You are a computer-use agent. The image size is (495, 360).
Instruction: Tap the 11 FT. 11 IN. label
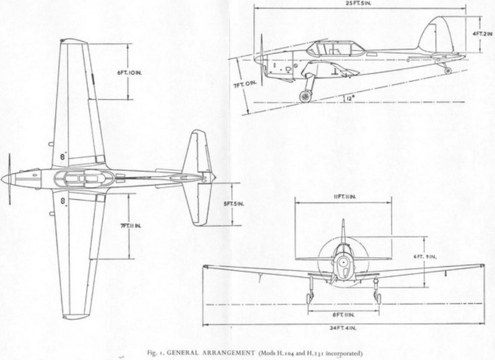(x=343, y=197)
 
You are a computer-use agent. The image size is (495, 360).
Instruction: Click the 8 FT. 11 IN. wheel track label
(x=342, y=298)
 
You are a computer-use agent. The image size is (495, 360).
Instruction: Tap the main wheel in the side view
(x=304, y=95)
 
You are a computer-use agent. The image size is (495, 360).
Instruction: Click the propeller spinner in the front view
(x=342, y=262)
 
